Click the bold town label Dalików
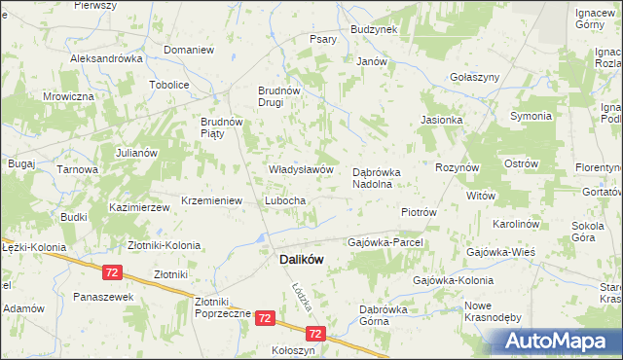coord(302,260)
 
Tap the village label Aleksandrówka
coord(107,58)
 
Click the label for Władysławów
coord(302,169)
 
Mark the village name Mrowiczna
coord(68,97)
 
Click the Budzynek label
coord(374,30)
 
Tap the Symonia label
coord(531,117)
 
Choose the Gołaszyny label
coord(475,77)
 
